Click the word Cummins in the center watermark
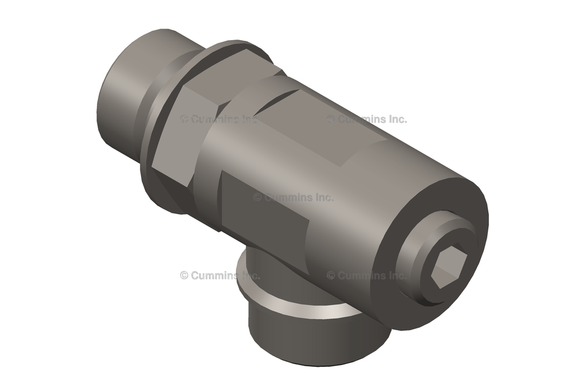pyautogui.click(x=287, y=197)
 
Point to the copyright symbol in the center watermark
pyautogui.click(x=257, y=197)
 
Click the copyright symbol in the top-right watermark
pyautogui.click(x=331, y=119)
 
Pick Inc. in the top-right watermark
pyautogui.click(x=396, y=119)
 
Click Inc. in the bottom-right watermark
pyautogui.click(x=396, y=275)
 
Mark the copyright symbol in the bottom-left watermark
pyautogui.click(x=184, y=275)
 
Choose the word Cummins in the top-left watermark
pyautogui.click(x=213, y=119)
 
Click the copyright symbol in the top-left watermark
pyautogui.click(x=184, y=119)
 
